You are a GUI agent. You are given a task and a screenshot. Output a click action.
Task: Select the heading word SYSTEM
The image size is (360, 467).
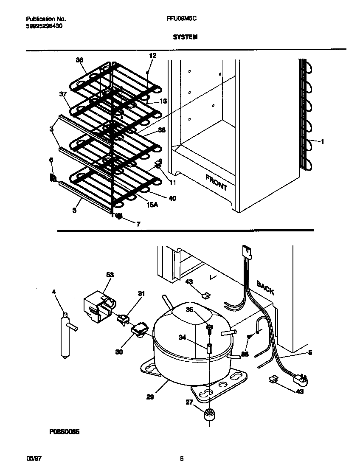pos(185,37)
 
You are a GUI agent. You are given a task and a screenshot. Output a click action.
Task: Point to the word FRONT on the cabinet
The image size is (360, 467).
pos(216,182)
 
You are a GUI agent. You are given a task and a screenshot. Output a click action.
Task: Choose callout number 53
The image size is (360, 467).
pos(110,275)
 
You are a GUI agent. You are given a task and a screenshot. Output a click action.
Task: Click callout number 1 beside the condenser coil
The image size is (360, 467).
pos(322,142)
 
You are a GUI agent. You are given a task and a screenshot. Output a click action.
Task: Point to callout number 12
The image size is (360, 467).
pos(152,56)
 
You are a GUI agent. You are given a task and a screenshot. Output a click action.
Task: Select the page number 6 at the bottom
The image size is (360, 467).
pos(181,459)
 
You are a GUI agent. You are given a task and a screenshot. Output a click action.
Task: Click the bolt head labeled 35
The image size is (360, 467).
pos(209,326)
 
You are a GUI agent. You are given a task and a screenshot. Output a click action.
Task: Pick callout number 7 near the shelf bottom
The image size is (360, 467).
pos(138,224)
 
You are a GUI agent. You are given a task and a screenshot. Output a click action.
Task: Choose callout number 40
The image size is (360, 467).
pos(172,198)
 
